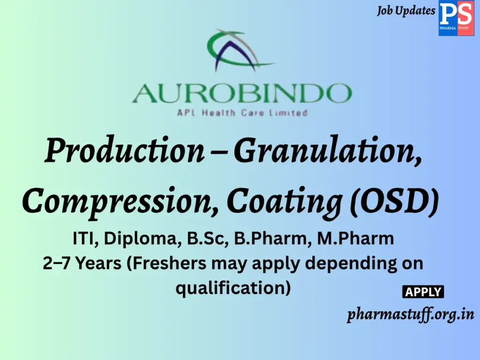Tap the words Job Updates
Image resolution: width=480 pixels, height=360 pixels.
pos(406,10)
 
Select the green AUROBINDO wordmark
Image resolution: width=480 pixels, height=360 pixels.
pos(242,94)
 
